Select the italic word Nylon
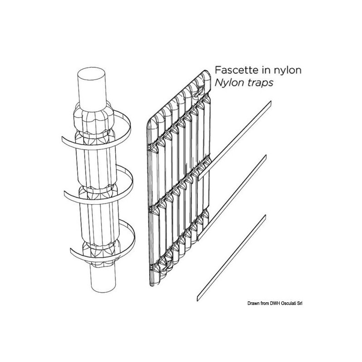pyautogui.click(x=229, y=83)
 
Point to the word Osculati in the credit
pyautogui.click(x=289, y=303)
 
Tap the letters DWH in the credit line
pyautogui.click(x=275, y=303)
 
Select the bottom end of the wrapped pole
pyautogui.click(x=103, y=287)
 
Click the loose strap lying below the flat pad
pyautogui.click(x=231, y=258)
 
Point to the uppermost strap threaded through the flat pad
pyautogui.click(x=234, y=140)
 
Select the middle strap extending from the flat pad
pyautogui.click(x=232, y=198)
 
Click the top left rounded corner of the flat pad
pyautogui.click(x=151, y=122)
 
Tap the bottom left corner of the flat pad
pyautogui.click(x=152, y=285)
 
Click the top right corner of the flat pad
pyautogui.click(x=207, y=73)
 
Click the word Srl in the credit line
pyautogui.click(x=300, y=303)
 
